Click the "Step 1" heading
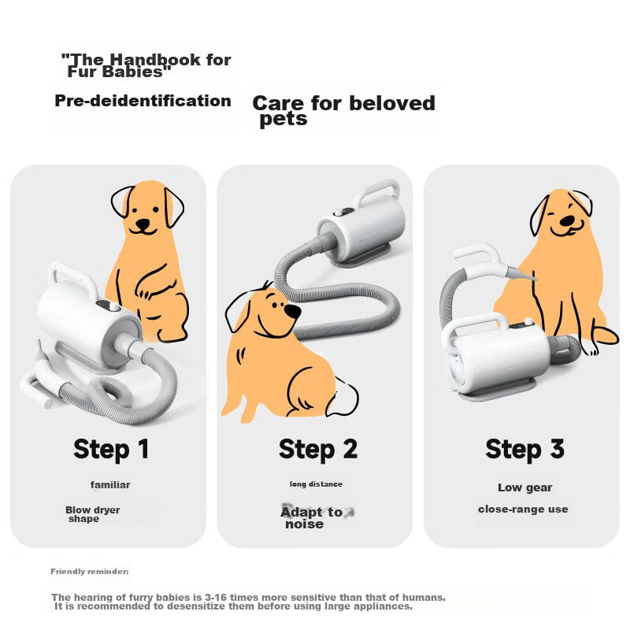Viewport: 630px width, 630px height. pos(111,449)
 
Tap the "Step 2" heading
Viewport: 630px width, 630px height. pos(318,449)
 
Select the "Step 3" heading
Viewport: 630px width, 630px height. pos(524,449)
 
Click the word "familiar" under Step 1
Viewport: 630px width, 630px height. pos(110,484)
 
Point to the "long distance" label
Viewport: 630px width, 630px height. pos(316,484)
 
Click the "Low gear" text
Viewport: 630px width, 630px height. pos(524,487)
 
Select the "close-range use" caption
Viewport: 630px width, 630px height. pos(523,510)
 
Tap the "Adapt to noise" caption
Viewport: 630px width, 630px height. pos(312,517)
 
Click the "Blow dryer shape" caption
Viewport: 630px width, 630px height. pos(92,514)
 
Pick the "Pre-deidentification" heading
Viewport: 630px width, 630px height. pos(143,101)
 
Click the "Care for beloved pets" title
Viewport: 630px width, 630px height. pos(343,110)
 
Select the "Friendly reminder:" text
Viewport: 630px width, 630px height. pos(90,572)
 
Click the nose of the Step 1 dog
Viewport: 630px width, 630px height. pos(143,224)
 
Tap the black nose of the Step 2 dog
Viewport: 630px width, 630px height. pos(292,311)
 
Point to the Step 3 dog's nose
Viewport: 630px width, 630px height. pos(567,220)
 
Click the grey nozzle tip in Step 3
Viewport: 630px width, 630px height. pos(521,274)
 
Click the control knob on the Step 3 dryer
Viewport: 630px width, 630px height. pos(528,321)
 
